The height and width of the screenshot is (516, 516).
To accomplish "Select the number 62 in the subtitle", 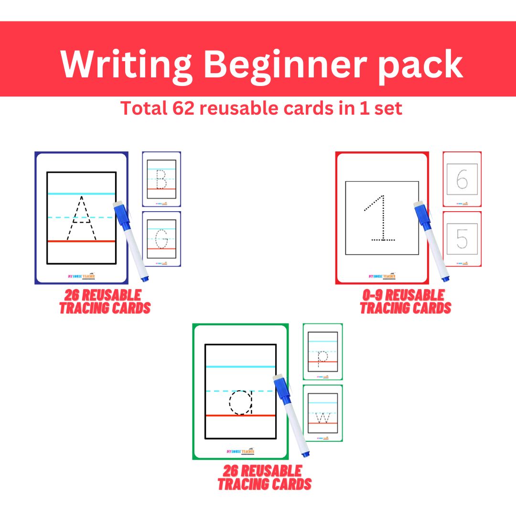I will pyautogui.click(x=182, y=108).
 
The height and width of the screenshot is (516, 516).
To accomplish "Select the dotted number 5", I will pyautogui.click(x=462, y=238).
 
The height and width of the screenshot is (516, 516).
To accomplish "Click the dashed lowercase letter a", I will pyautogui.click(x=241, y=402).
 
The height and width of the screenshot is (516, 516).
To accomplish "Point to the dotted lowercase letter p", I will pyautogui.click(x=323, y=356).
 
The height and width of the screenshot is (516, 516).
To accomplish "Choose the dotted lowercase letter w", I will pyautogui.click(x=323, y=418).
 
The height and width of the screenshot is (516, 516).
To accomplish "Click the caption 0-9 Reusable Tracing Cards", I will pyautogui.click(x=405, y=301).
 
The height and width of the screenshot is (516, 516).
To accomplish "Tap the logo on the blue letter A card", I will pyautogui.click(x=81, y=276).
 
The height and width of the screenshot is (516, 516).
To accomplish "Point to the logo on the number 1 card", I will pyautogui.click(x=382, y=276).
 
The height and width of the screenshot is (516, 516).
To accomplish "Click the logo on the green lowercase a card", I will pyautogui.click(x=240, y=451).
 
